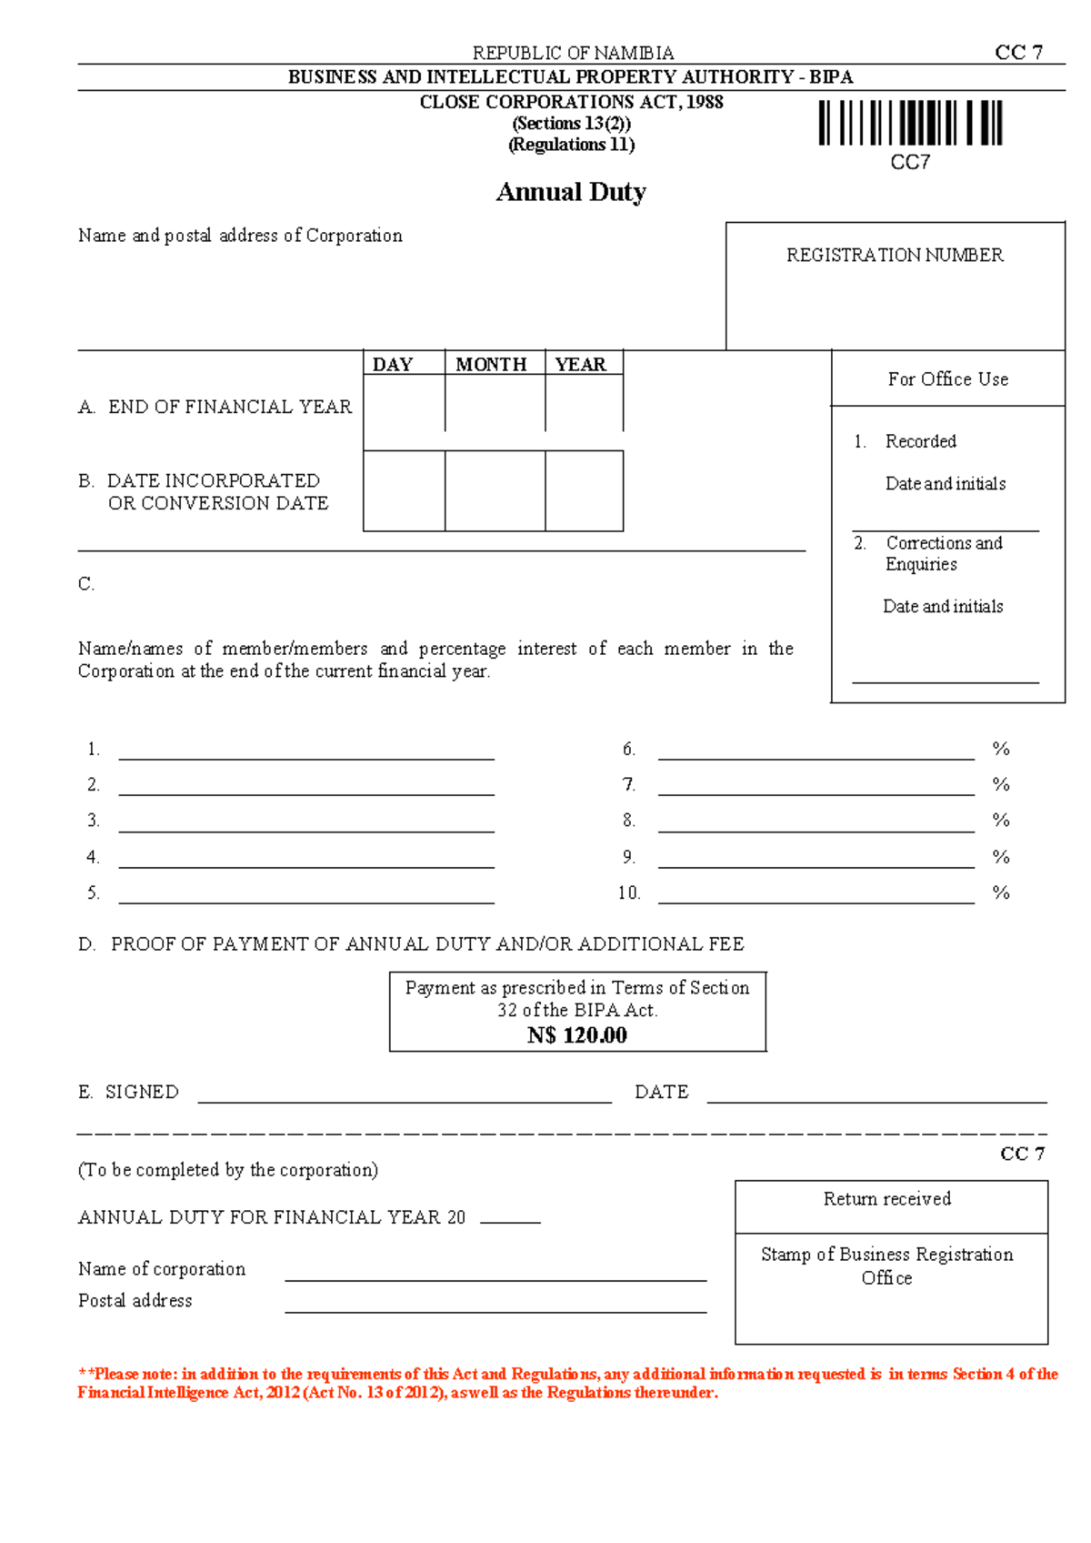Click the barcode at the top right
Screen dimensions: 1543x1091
point(910,123)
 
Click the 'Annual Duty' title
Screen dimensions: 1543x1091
point(571,192)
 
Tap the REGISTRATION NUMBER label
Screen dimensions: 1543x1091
point(895,256)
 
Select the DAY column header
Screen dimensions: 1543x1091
point(393,364)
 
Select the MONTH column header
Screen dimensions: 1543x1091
point(491,364)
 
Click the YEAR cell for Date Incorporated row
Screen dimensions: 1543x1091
point(584,491)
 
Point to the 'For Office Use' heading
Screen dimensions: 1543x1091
point(947,379)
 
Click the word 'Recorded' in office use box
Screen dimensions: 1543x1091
point(920,441)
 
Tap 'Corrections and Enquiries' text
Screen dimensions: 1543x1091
point(943,553)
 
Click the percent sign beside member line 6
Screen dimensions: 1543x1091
point(1001,749)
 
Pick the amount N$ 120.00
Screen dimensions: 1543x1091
point(577,1035)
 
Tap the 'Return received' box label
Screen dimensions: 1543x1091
point(887,1199)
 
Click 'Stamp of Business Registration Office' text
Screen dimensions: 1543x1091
point(887,1266)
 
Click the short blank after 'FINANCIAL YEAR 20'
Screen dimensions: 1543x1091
point(510,1219)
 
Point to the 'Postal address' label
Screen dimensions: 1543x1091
point(135,1301)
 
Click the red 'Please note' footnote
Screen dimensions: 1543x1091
point(567,1383)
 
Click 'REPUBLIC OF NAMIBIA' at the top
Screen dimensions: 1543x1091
point(573,53)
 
